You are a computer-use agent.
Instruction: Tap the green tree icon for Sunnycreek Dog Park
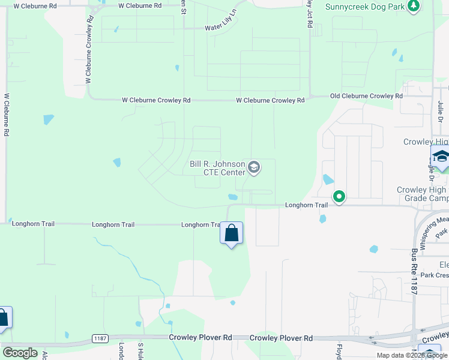(x=413, y=7)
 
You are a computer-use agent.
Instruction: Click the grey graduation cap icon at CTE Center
(x=254, y=167)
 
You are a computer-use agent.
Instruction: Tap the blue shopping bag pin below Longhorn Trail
(x=232, y=233)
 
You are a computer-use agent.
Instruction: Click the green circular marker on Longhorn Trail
(x=339, y=196)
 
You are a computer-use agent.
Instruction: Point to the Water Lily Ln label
(x=222, y=28)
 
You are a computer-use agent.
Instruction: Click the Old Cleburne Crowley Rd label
(x=366, y=96)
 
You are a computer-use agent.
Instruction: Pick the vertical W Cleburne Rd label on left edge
(x=7, y=114)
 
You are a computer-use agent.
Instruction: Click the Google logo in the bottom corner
(x=20, y=353)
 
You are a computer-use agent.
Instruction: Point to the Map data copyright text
(x=412, y=355)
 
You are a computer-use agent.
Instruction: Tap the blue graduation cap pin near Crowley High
(x=441, y=157)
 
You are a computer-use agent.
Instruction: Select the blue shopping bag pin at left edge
(x=4, y=318)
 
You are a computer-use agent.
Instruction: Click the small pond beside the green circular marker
(x=327, y=179)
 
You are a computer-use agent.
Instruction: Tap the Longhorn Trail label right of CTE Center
(x=306, y=205)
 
